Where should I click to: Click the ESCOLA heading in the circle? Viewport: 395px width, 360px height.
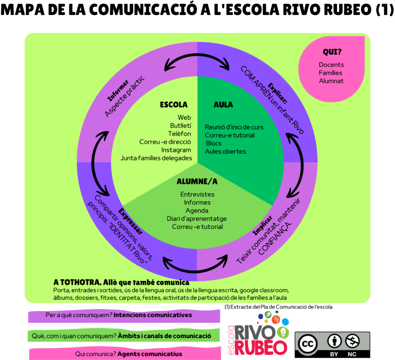tap(174, 105)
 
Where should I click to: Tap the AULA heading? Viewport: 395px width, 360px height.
tap(223, 105)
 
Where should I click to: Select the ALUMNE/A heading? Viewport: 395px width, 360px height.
tap(197, 182)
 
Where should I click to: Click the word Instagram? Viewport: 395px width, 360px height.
tap(176, 150)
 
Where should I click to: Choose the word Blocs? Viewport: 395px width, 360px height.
tap(213, 143)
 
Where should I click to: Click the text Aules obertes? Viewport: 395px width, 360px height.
tap(225, 151)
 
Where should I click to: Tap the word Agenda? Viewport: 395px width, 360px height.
tap(197, 210)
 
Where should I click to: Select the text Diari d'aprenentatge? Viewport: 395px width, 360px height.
tap(197, 219)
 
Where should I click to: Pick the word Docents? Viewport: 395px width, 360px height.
tap(331, 65)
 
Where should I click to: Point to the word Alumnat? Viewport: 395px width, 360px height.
tap(331, 81)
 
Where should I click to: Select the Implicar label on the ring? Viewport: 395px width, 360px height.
tap(264, 225)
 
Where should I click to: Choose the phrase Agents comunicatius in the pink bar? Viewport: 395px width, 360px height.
tap(149, 354)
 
